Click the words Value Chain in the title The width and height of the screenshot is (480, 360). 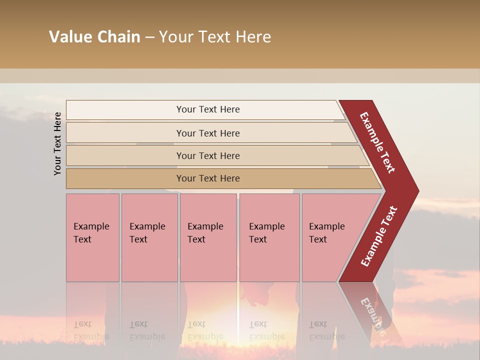point(94,37)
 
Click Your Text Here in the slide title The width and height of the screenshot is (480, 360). point(215,37)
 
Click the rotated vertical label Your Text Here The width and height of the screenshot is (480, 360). point(58,143)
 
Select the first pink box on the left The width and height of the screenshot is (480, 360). point(92,237)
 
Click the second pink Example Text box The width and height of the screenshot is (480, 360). point(149,237)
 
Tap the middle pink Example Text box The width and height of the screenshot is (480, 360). point(208,237)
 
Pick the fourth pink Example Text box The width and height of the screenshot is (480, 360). point(269,237)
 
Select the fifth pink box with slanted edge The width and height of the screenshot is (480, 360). point(330,237)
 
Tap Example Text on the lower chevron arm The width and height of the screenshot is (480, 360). point(379,236)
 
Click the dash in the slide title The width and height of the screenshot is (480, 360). point(149,37)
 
